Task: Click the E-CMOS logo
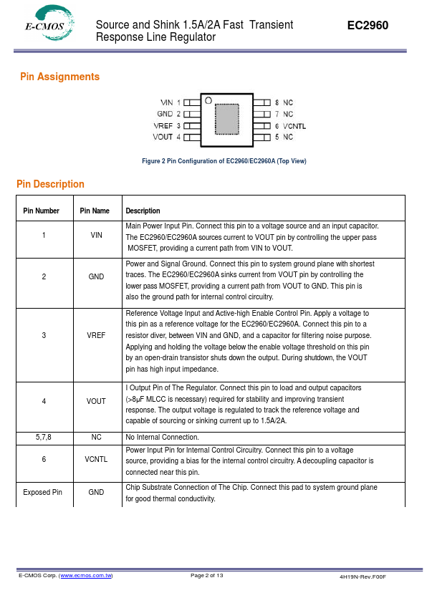point(49,23)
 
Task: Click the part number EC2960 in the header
point(368,25)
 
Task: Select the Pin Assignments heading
point(59,77)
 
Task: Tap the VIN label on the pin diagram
point(166,102)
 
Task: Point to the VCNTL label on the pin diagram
point(294,126)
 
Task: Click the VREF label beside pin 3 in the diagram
point(163,126)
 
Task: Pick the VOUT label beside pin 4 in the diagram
point(163,137)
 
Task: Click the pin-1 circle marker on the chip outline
point(208,101)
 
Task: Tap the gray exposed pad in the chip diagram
point(227,119)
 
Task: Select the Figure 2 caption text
point(224,161)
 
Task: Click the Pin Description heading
point(50,184)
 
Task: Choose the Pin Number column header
point(41,211)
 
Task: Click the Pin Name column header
point(95,211)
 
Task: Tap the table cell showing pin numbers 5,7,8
point(44,438)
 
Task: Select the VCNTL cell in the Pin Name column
point(96,459)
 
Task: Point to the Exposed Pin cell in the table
point(42,492)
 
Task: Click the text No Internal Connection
point(163,438)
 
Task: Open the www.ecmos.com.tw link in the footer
point(86,576)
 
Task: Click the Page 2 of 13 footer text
point(206,576)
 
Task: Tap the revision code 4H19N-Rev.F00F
point(363,577)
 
